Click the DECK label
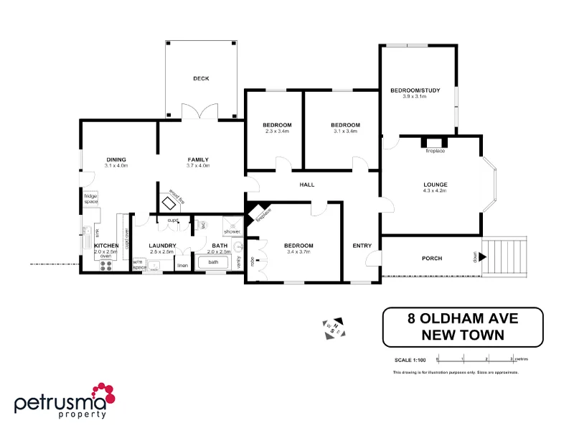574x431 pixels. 201,78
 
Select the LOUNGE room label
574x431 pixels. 435,185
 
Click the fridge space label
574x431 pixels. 90,199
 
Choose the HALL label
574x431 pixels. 306,185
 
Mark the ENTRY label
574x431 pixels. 362,246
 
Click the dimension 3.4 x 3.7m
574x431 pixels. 299,252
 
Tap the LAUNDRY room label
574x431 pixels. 163,246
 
